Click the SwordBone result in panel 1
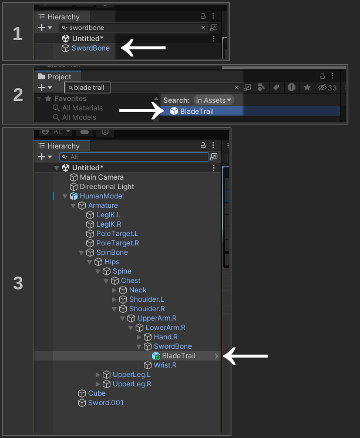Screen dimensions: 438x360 click(x=90, y=48)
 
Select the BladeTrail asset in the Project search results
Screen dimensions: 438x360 click(x=197, y=112)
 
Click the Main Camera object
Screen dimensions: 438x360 click(x=101, y=177)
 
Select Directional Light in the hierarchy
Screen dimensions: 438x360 click(x=107, y=187)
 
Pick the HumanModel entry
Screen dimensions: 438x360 click(x=102, y=196)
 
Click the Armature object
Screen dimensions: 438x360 click(x=103, y=205)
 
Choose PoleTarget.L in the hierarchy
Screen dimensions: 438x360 click(x=117, y=234)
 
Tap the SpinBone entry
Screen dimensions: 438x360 click(x=112, y=252)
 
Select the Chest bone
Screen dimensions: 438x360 click(x=130, y=281)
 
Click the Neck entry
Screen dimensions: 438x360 click(x=137, y=290)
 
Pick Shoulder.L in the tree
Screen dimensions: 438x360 click(x=146, y=299)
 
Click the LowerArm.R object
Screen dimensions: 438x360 click(x=165, y=328)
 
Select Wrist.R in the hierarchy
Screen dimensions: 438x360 click(x=165, y=365)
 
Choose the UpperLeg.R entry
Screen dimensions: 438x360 click(x=132, y=384)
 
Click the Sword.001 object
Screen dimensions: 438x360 click(x=106, y=403)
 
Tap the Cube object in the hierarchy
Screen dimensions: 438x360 click(x=97, y=393)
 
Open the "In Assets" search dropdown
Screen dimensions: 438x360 click(x=214, y=100)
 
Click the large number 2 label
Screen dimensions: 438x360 click(x=18, y=94)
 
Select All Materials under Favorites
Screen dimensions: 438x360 click(x=82, y=108)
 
